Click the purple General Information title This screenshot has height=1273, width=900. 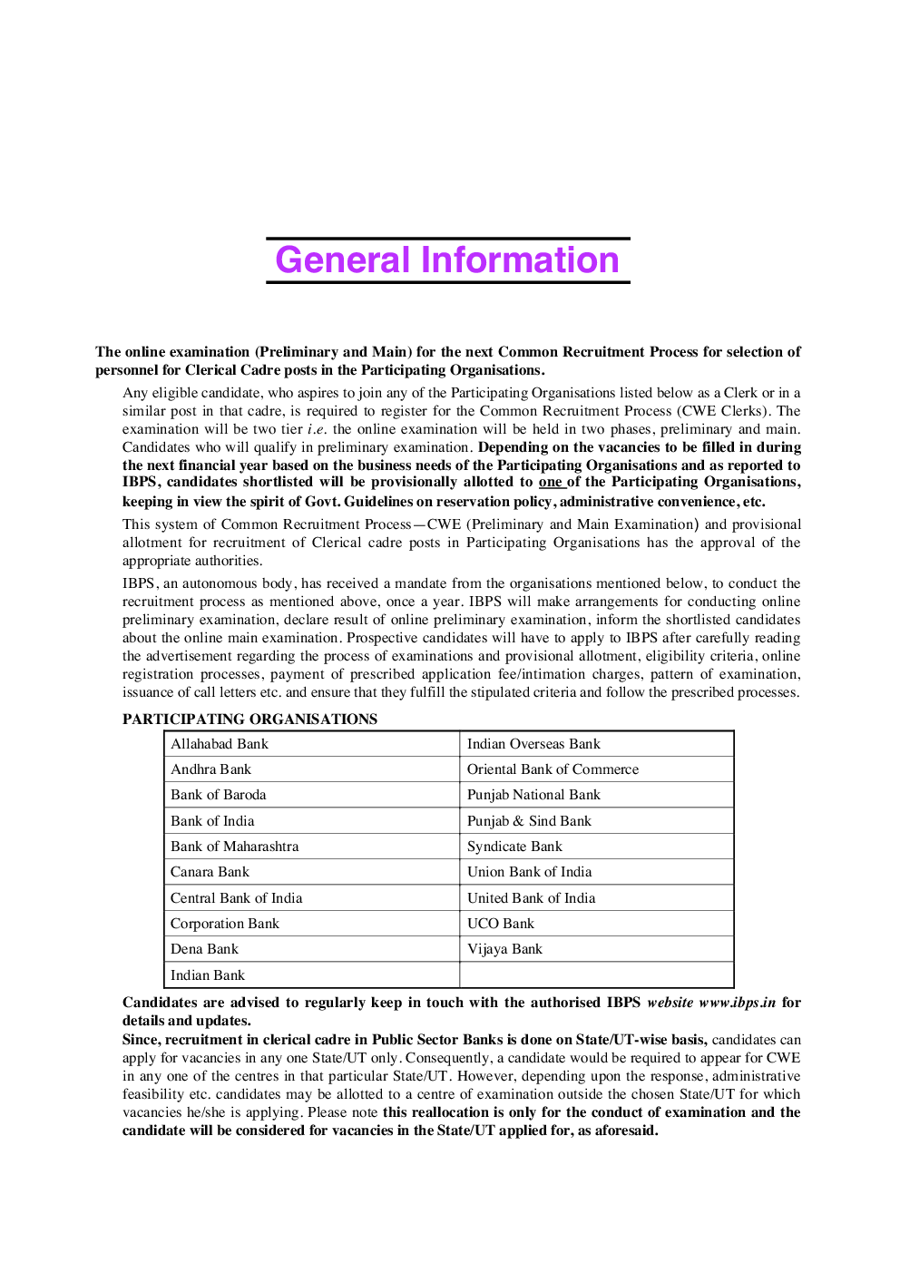click(447, 260)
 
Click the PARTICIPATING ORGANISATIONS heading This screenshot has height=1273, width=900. click(249, 719)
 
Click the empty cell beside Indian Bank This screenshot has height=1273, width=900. click(596, 975)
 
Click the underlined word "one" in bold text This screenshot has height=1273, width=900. click(550, 482)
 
